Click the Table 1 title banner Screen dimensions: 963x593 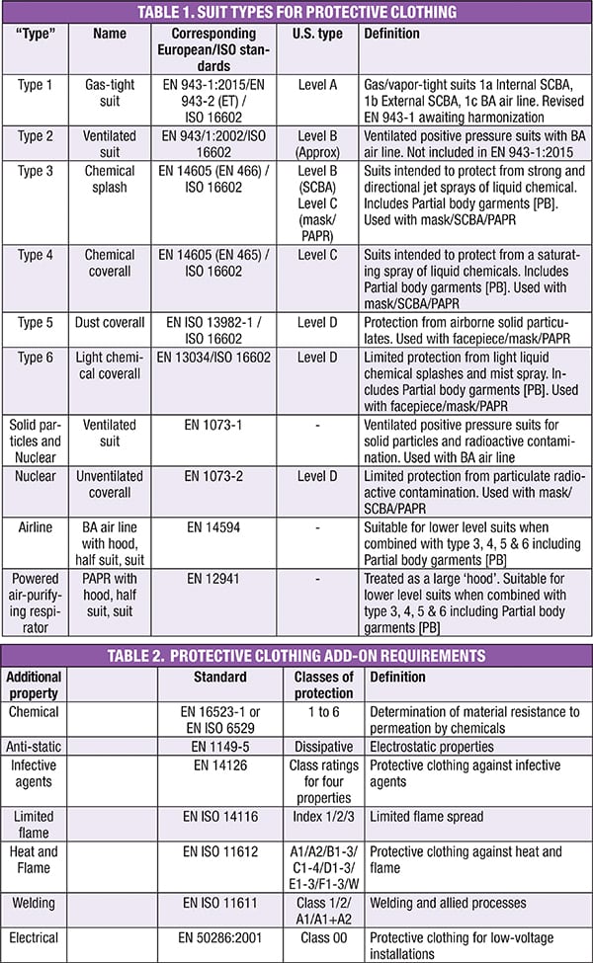click(296, 12)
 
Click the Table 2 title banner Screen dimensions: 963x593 click(296, 655)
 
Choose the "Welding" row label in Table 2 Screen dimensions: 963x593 click(35, 902)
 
